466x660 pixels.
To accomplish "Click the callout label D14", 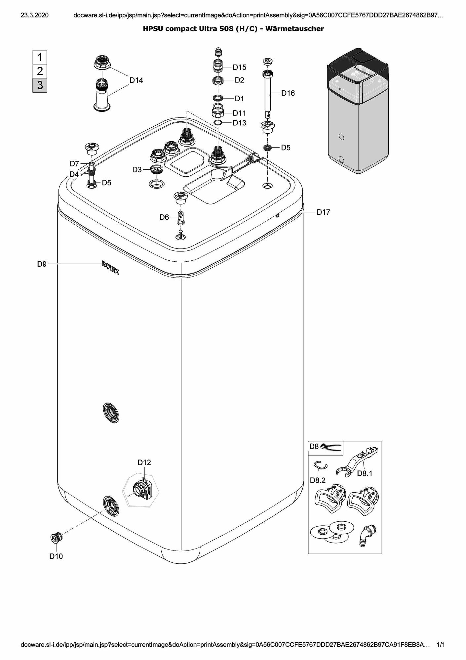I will click(x=136, y=80).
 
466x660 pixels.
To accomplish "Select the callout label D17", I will click(x=323, y=212).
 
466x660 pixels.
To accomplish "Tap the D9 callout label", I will click(x=42, y=264).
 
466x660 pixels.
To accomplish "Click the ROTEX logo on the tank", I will click(x=110, y=267).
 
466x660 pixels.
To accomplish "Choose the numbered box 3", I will click(x=40, y=85).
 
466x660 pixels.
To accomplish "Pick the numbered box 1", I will click(x=40, y=57).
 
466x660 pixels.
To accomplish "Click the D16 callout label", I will click(x=288, y=93).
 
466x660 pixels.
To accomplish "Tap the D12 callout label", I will click(x=144, y=462).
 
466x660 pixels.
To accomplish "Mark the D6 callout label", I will click(x=164, y=217).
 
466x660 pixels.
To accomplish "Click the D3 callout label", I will click(x=137, y=170).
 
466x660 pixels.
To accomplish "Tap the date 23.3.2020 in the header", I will click(x=34, y=15).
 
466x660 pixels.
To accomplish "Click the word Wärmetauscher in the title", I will click(x=294, y=29).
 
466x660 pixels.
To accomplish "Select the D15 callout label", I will click(x=239, y=67).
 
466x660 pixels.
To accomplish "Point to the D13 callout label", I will click(x=239, y=123).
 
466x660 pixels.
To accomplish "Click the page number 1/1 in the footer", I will click(x=441, y=645).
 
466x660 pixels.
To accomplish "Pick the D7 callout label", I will click(x=74, y=164).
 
